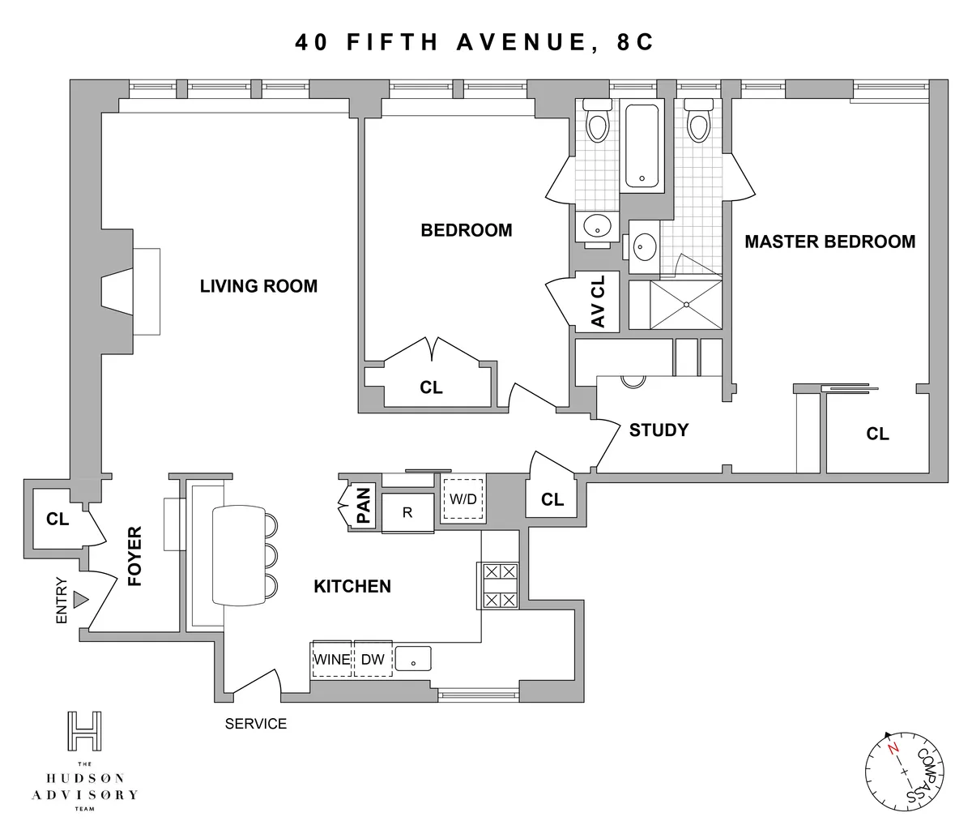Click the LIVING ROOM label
[x=258, y=286]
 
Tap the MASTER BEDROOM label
[x=829, y=242]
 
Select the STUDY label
[x=659, y=430]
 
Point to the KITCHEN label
[x=352, y=586]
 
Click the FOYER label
[x=134, y=557]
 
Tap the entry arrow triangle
[x=79, y=600]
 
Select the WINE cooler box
[x=332, y=660]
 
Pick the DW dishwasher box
[x=373, y=660]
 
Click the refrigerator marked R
[x=408, y=512]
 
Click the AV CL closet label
[x=598, y=301]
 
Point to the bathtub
[x=642, y=147]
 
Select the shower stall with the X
[x=686, y=305]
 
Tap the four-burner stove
[x=499, y=586]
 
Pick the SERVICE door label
[x=256, y=724]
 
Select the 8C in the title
[x=634, y=43]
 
